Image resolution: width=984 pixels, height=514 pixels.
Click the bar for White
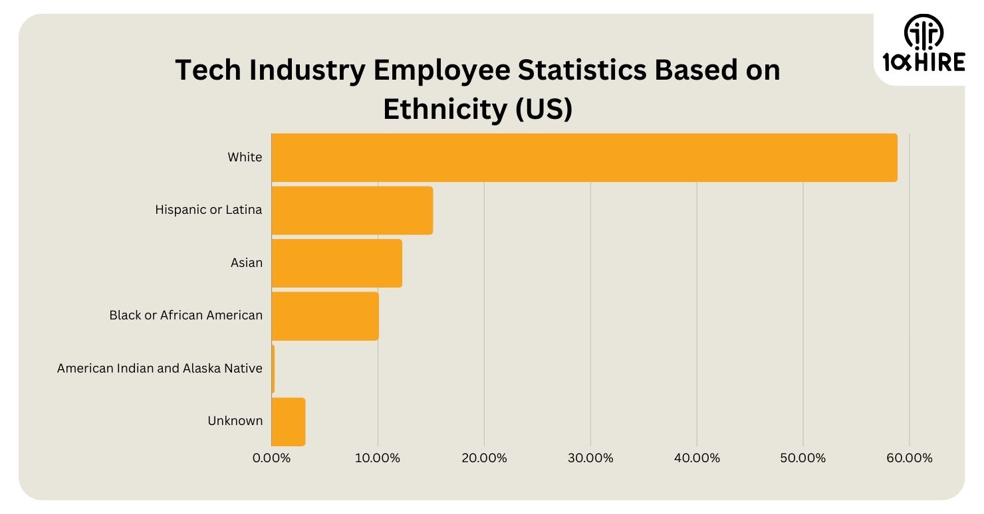tap(584, 157)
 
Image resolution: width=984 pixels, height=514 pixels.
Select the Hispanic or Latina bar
tap(352, 210)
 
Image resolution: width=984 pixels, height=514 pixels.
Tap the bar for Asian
tap(337, 263)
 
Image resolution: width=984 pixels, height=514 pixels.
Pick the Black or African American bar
tap(325, 315)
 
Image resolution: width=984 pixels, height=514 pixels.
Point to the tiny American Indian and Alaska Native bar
tap(273, 369)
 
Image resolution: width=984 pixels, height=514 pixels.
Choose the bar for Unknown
tap(289, 422)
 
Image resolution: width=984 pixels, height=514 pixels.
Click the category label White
tap(245, 157)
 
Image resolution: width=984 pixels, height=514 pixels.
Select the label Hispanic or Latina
tap(209, 210)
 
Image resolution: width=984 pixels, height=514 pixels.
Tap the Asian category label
tap(247, 263)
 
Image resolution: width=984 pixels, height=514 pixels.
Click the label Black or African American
tap(186, 315)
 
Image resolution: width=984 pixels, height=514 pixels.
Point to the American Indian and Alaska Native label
tap(160, 368)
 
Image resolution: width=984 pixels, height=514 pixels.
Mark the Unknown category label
tap(235, 421)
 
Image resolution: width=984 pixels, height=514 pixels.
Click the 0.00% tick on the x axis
tap(272, 458)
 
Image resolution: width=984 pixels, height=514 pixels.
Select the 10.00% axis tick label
tap(378, 458)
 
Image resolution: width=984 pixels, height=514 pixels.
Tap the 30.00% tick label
tap(590, 458)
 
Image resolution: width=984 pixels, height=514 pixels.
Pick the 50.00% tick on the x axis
tap(803, 458)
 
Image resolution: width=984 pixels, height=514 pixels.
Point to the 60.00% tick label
tap(909, 458)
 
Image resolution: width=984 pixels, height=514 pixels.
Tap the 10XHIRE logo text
tap(923, 63)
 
